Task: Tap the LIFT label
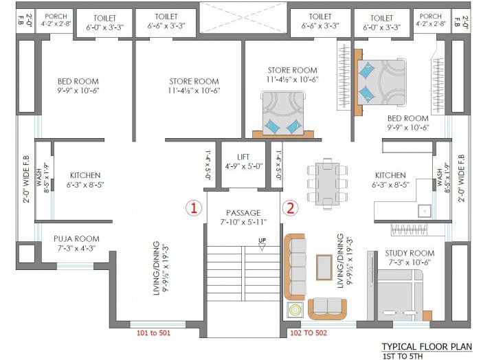[x=243, y=157]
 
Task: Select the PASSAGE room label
[x=243, y=213]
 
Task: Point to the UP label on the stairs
[x=262, y=240]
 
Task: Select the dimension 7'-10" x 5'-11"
[x=243, y=223]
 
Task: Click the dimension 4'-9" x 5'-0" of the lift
[x=243, y=166]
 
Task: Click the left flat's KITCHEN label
[x=85, y=175]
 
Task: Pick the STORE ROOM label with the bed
[x=292, y=70]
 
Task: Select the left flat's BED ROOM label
[x=78, y=82]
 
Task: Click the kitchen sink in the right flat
[x=425, y=210]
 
